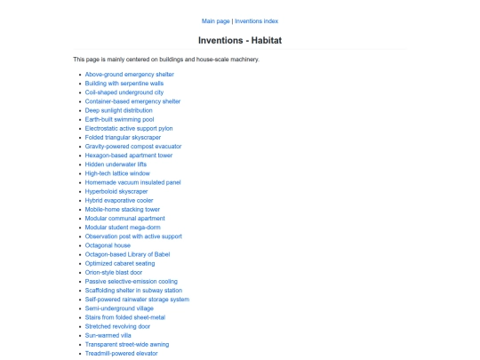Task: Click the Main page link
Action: (x=215, y=20)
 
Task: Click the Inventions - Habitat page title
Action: (x=239, y=40)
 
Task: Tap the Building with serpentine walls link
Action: (x=124, y=83)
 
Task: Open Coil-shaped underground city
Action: (x=124, y=92)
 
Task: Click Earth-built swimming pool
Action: (x=119, y=119)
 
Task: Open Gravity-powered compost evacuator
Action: (x=132, y=146)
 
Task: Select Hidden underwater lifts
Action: (x=116, y=164)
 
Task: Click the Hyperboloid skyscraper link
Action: (x=116, y=191)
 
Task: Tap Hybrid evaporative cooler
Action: (x=119, y=200)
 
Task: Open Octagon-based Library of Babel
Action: (x=128, y=254)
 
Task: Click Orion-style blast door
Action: (x=118, y=272)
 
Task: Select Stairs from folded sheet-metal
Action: (x=124, y=317)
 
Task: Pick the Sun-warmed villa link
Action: (x=108, y=335)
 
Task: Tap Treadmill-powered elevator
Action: (x=121, y=353)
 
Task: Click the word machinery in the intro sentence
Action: (x=244, y=60)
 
